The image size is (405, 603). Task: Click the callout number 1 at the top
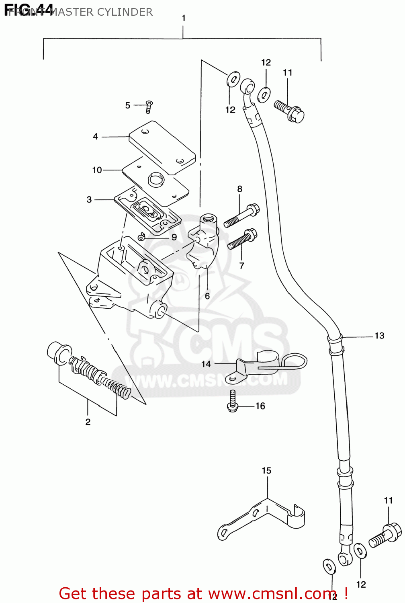[x=184, y=18]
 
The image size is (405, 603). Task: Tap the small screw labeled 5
[x=149, y=107]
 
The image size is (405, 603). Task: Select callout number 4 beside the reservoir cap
[x=95, y=137]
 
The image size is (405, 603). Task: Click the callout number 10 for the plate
[x=97, y=170]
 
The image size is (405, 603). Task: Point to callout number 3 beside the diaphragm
[x=89, y=199]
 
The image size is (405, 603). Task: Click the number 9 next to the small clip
[x=174, y=237]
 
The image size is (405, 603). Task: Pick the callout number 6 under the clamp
[x=207, y=296]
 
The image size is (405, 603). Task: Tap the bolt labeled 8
[x=241, y=216]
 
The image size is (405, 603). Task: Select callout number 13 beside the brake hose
[x=379, y=336]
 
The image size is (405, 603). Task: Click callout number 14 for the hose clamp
[x=206, y=364]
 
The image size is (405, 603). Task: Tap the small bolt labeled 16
[x=233, y=402]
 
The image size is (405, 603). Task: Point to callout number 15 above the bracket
[x=267, y=470]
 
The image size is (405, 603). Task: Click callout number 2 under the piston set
[x=88, y=422]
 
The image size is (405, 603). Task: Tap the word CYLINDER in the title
[x=125, y=12]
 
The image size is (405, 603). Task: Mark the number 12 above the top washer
[x=266, y=62]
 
